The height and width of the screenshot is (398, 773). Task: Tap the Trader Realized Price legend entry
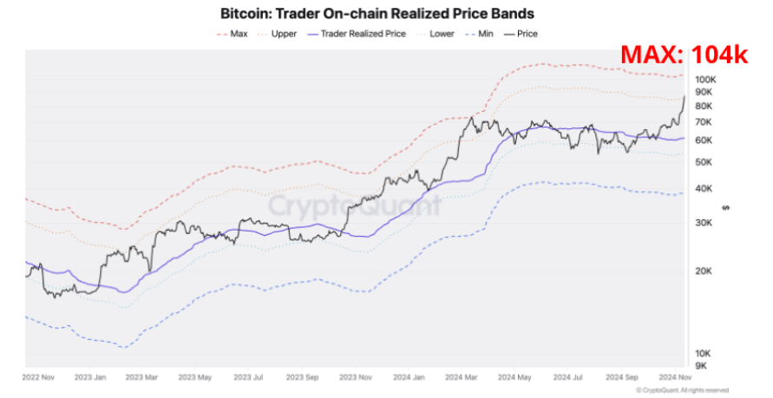357,35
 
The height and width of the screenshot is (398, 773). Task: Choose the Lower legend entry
438,35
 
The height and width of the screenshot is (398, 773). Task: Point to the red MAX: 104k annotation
684,56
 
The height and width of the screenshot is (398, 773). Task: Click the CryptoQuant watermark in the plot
353,206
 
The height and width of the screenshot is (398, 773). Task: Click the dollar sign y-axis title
724,208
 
